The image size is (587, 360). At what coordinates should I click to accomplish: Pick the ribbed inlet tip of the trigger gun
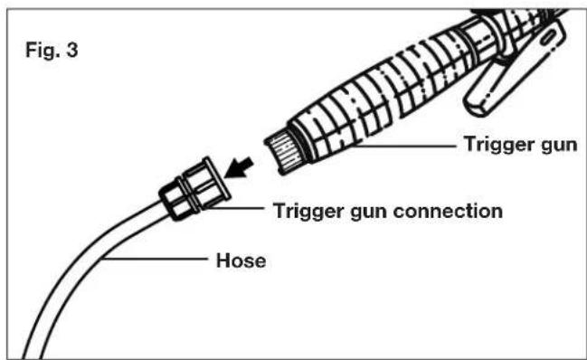tap(283, 150)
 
